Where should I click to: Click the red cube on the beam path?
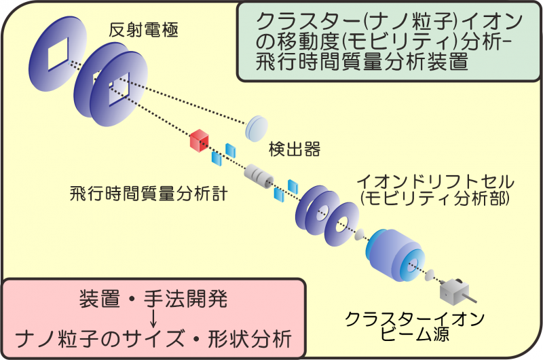coord(200,141)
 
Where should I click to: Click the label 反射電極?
coord(143,30)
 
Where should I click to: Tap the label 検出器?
coord(295,149)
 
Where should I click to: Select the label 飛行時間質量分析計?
coord(149,194)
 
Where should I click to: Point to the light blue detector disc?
coord(257,128)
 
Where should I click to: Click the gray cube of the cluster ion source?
coord(453,291)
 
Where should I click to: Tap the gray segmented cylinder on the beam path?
coord(259,177)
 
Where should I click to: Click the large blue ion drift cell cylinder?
coord(395,255)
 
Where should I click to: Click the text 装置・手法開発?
coord(153,299)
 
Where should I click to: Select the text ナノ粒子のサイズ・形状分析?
coord(153,338)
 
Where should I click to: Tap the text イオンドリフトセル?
coord(436,181)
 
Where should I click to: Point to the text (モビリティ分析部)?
coord(435,198)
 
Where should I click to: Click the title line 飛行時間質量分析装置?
coord(362,62)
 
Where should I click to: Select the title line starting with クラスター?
coord(389,22)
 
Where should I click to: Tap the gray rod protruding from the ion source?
coord(470,299)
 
